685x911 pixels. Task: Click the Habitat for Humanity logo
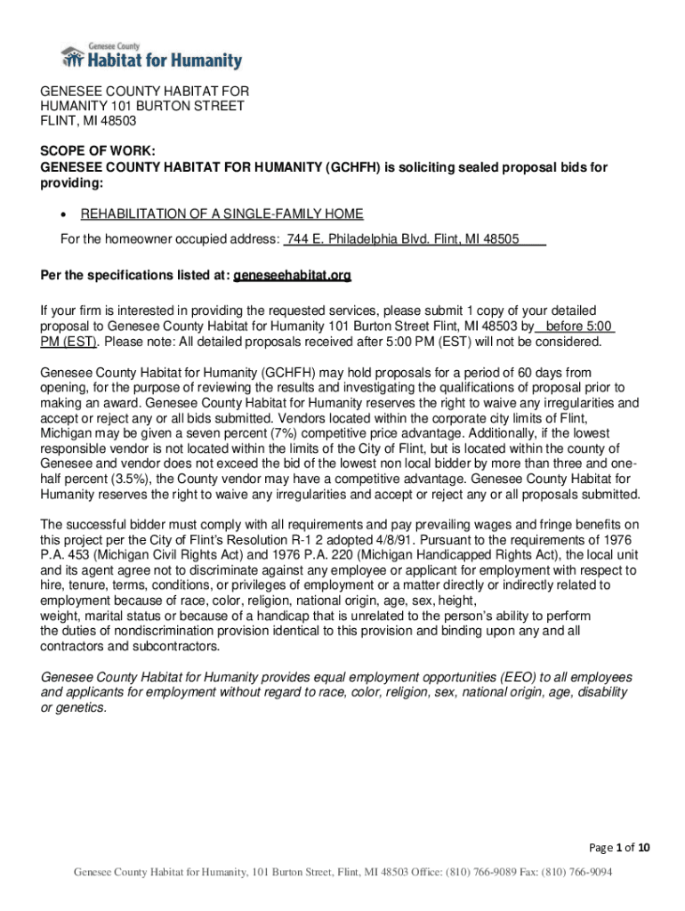(151, 55)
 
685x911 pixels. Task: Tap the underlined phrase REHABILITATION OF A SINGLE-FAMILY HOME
(222, 214)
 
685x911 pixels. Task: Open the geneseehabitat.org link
(293, 277)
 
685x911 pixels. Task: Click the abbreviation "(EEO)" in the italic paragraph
(459, 677)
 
